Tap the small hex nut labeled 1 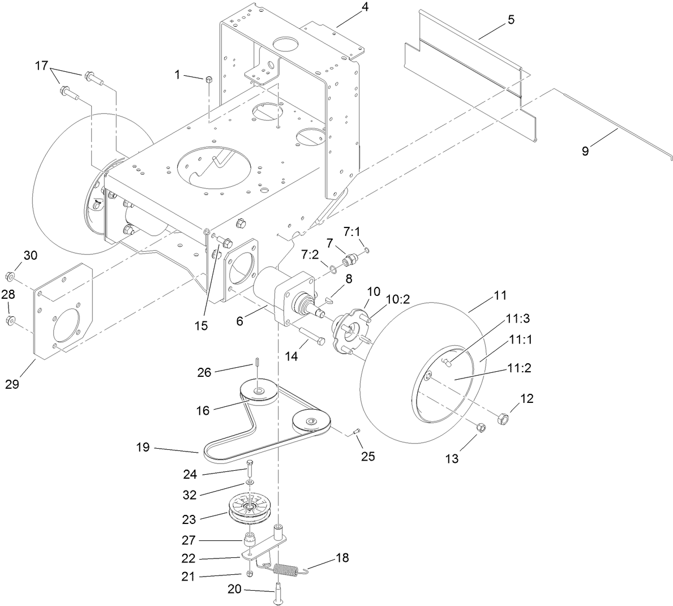click(x=208, y=79)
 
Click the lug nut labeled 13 click(x=479, y=428)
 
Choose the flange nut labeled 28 click(x=10, y=321)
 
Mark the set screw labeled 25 click(x=355, y=433)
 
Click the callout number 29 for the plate click(x=12, y=384)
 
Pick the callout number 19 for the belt click(x=143, y=448)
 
